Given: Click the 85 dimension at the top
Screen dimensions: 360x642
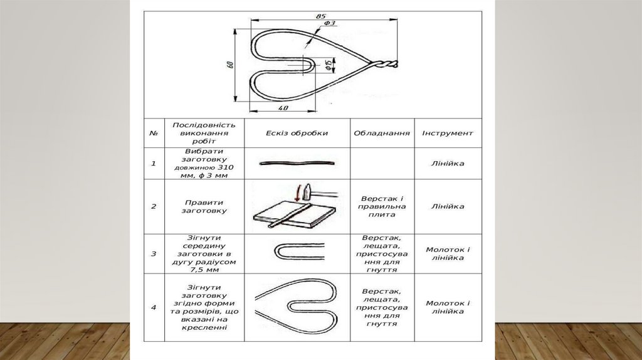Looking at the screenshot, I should coord(321,15).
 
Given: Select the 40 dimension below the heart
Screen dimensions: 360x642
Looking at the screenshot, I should coord(282,108).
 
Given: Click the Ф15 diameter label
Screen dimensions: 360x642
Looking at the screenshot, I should coord(329,64).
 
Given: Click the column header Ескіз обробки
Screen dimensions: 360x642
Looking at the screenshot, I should coord(297,134).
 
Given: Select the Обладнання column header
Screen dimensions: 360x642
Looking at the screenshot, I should coord(382,134).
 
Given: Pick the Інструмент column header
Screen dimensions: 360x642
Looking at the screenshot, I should coord(448,134).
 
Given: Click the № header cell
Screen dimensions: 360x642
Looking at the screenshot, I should coord(154,134).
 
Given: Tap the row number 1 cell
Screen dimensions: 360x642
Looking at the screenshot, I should coord(154,164).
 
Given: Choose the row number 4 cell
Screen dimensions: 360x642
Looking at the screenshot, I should coord(154,307).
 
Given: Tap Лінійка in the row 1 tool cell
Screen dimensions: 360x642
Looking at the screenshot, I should coord(448,164).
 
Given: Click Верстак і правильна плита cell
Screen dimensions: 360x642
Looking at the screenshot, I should coord(382,206).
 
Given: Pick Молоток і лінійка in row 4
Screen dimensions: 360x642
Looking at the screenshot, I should coord(448,307).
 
